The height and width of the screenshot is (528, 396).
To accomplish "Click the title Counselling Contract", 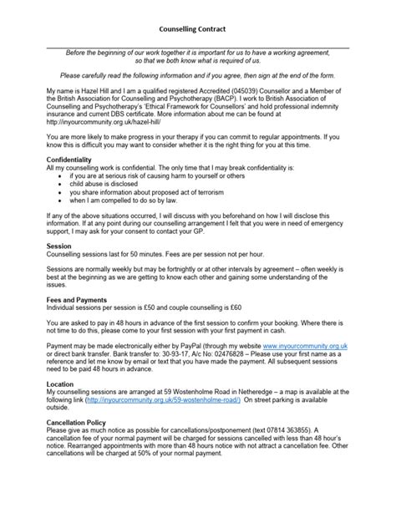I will click(197, 28).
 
